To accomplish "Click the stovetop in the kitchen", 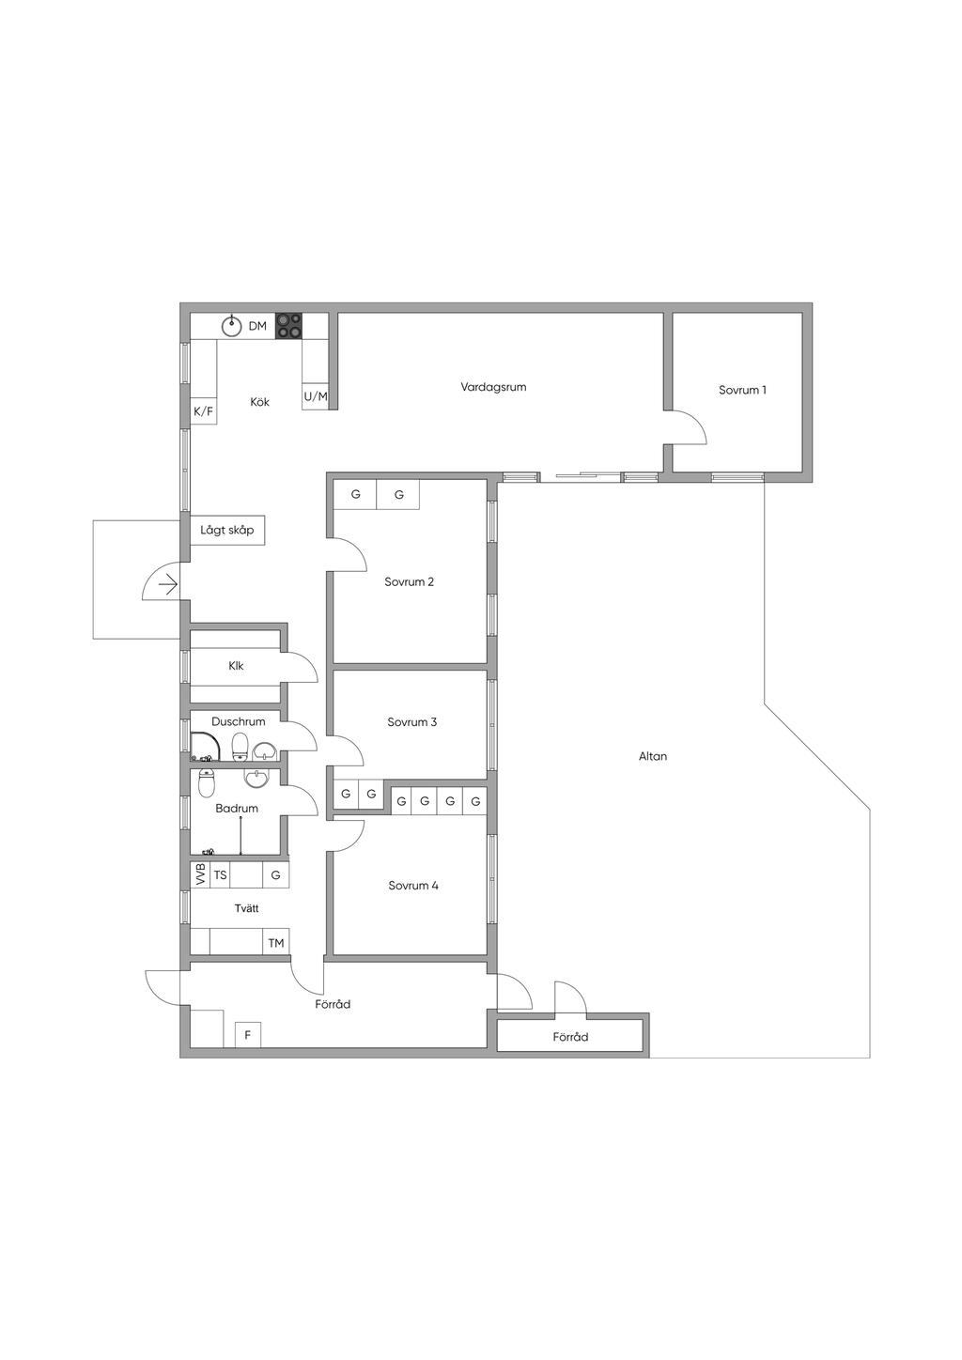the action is (289, 325).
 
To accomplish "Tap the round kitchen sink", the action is (231, 326).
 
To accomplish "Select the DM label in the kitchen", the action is (257, 326).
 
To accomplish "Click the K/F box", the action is (204, 411).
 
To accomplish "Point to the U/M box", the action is (316, 396).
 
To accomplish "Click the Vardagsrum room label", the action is (493, 387).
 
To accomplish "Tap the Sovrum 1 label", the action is (742, 390).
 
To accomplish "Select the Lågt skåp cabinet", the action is (227, 530).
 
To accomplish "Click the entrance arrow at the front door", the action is (167, 585).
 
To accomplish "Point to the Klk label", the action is (236, 665).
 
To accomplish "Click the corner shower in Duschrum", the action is (204, 747).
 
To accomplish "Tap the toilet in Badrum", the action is (207, 783).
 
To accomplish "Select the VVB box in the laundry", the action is (200, 875).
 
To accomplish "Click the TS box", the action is (220, 875).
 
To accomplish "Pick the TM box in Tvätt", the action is (276, 943).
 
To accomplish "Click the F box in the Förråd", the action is (248, 1035).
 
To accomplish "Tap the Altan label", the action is (653, 756).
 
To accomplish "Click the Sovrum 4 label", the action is (413, 885).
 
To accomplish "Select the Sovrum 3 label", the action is (411, 722).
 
